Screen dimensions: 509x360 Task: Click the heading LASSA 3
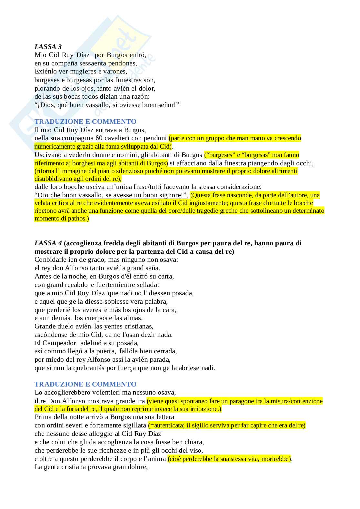(x=48, y=47)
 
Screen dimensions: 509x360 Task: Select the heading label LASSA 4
(x=48, y=243)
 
